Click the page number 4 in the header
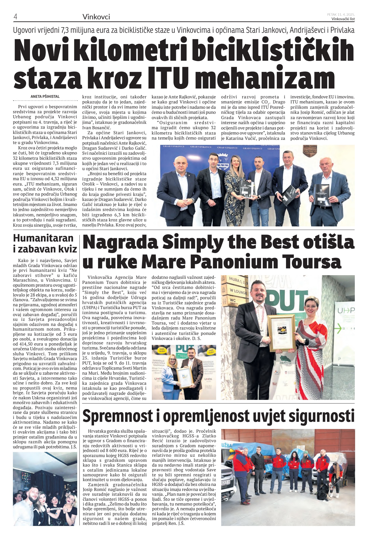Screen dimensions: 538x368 point(15,17)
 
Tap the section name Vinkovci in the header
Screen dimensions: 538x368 point(96,17)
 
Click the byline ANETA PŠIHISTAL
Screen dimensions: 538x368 point(45,96)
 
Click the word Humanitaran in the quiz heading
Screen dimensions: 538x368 point(43,238)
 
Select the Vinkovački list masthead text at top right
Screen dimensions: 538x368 point(343,19)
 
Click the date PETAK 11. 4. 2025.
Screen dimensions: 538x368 point(340,14)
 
